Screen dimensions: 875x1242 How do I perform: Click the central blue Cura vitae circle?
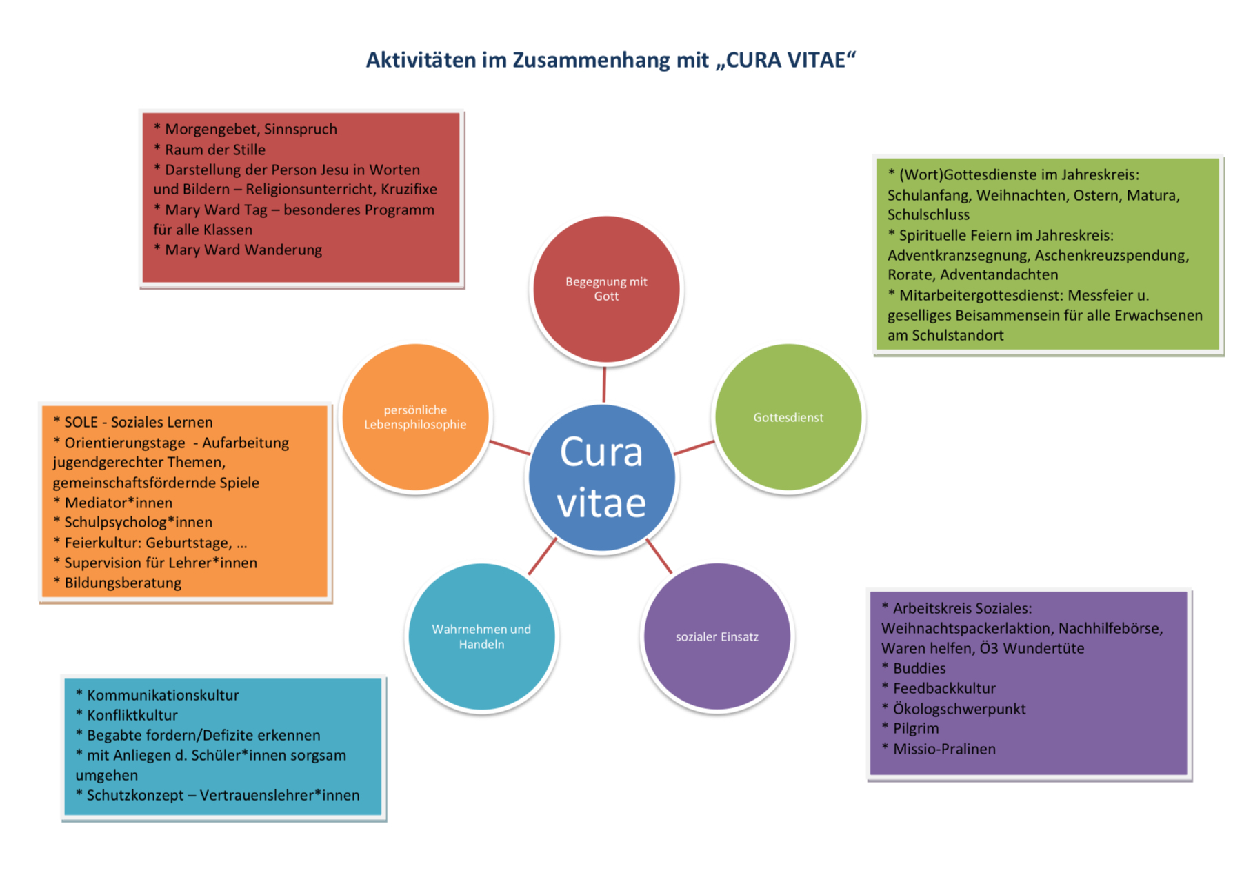pos(601,478)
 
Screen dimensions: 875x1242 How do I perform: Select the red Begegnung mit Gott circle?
pos(606,289)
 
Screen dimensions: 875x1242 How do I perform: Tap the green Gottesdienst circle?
pos(788,417)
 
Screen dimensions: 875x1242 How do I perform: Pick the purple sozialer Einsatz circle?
pos(717,636)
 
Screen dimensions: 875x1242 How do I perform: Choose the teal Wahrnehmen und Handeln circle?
pos(481,636)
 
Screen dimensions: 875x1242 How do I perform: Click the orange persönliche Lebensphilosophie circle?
pos(415,417)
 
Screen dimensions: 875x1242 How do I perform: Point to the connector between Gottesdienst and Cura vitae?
pos(694,447)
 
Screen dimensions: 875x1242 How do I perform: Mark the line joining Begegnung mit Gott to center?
pos(604,384)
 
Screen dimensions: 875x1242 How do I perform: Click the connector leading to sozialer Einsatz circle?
pos(659,556)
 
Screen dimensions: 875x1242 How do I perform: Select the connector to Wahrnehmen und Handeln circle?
pos(542,556)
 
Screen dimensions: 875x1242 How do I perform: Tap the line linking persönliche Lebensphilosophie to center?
pos(510,447)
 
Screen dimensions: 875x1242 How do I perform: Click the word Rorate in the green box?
pos(910,274)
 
